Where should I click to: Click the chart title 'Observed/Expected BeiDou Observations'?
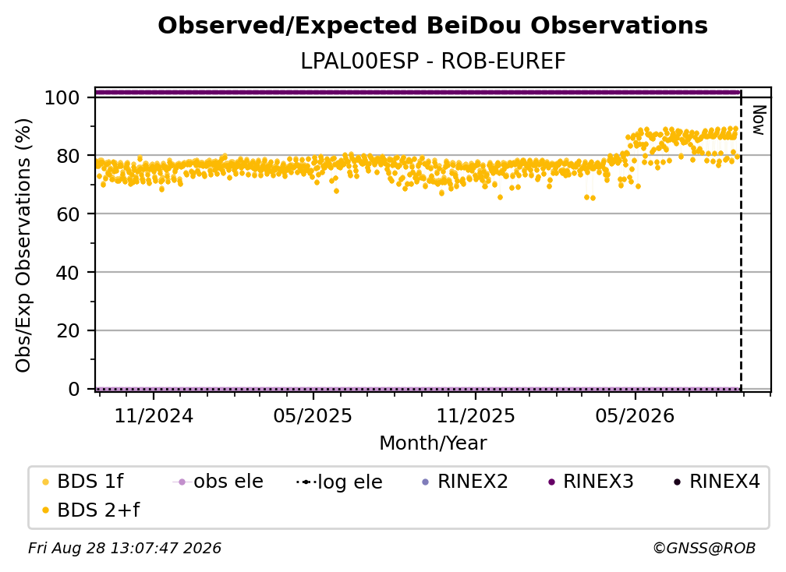pyautogui.click(x=433, y=26)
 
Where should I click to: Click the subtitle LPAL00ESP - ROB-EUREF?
pyautogui.click(x=433, y=61)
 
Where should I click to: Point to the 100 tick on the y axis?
pyautogui.click(x=62, y=97)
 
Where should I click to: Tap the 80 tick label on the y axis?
pyautogui.click(x=68, y=157)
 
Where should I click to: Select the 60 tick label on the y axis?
pyautogui.click(x=68, y=214)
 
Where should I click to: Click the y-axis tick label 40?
pyautogui.click(x=68, y=273)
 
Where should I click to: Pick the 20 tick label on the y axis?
pyautogui.click(x=68, y=331)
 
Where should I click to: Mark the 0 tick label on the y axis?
pyautogui.click(x=73, y=389)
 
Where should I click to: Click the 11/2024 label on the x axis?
pyautogui.click(x=154, y=416)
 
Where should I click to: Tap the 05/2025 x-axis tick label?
pyautogui.click(x=313, y=416)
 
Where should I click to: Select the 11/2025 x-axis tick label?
pyautogui.click(x=476, y=416)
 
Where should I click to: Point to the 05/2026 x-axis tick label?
pyautogui.click(x=635, y=416)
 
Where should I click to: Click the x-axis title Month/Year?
pyautogui.click(x=433, y=443)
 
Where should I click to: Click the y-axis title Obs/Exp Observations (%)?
pyautogui.click(x=23, y=245)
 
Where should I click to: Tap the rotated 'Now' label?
pyautogui.click(x=759, y=120)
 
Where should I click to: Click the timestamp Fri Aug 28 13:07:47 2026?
pyautogui.click(x=125, y=549)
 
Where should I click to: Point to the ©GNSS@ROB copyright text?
pyautogui.click(x=704, y=549)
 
